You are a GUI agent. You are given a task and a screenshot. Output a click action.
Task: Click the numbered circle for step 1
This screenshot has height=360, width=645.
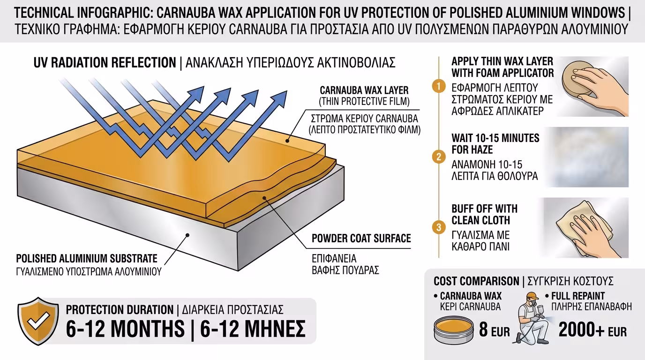click(x=439, y=86)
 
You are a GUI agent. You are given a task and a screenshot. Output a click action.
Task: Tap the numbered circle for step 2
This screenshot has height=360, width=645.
click(x=439, y=157)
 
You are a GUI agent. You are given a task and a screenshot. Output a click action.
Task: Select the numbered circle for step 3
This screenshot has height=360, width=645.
click(x=439, y=227)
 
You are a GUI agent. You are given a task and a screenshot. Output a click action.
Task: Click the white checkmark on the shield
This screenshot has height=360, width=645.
click(x=38, y=321)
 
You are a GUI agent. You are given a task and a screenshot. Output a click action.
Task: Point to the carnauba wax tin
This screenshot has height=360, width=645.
click(x=454, y=330)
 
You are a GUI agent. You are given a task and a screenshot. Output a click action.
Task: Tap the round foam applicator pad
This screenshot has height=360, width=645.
click(x=576, y=79)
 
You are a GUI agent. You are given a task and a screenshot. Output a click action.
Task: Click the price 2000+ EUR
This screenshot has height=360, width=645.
click(x=592, y=330)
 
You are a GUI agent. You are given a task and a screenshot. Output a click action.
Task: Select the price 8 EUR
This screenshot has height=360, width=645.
click(x=494, y=330)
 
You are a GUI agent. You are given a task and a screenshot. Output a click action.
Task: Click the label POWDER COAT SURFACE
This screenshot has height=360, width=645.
click(x=361, y=239)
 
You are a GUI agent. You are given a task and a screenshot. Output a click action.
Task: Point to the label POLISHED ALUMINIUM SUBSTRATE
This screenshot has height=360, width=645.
click(x=87, y=259)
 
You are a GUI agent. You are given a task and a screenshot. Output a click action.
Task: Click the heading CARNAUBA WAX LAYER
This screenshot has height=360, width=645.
click(x=364, y=90)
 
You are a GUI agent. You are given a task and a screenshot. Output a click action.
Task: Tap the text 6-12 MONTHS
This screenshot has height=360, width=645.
click(x=125, y=329)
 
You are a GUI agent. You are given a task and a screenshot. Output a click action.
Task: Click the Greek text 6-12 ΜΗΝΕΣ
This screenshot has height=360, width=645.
click(x=253, y=329)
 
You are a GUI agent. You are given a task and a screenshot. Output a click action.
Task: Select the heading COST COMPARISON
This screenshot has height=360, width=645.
click(x=476, y=281)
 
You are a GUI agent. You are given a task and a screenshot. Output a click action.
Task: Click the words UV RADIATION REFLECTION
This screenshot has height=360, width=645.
click(x=105, y=63)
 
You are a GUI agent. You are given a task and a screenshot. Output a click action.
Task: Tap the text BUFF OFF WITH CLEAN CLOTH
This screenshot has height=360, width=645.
click(x=484, y=215)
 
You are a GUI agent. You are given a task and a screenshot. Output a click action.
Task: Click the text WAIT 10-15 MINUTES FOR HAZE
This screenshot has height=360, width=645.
click(x=495, y=144)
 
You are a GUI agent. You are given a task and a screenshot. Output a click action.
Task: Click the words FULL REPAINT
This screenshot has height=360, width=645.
click(x=578, y=296)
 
